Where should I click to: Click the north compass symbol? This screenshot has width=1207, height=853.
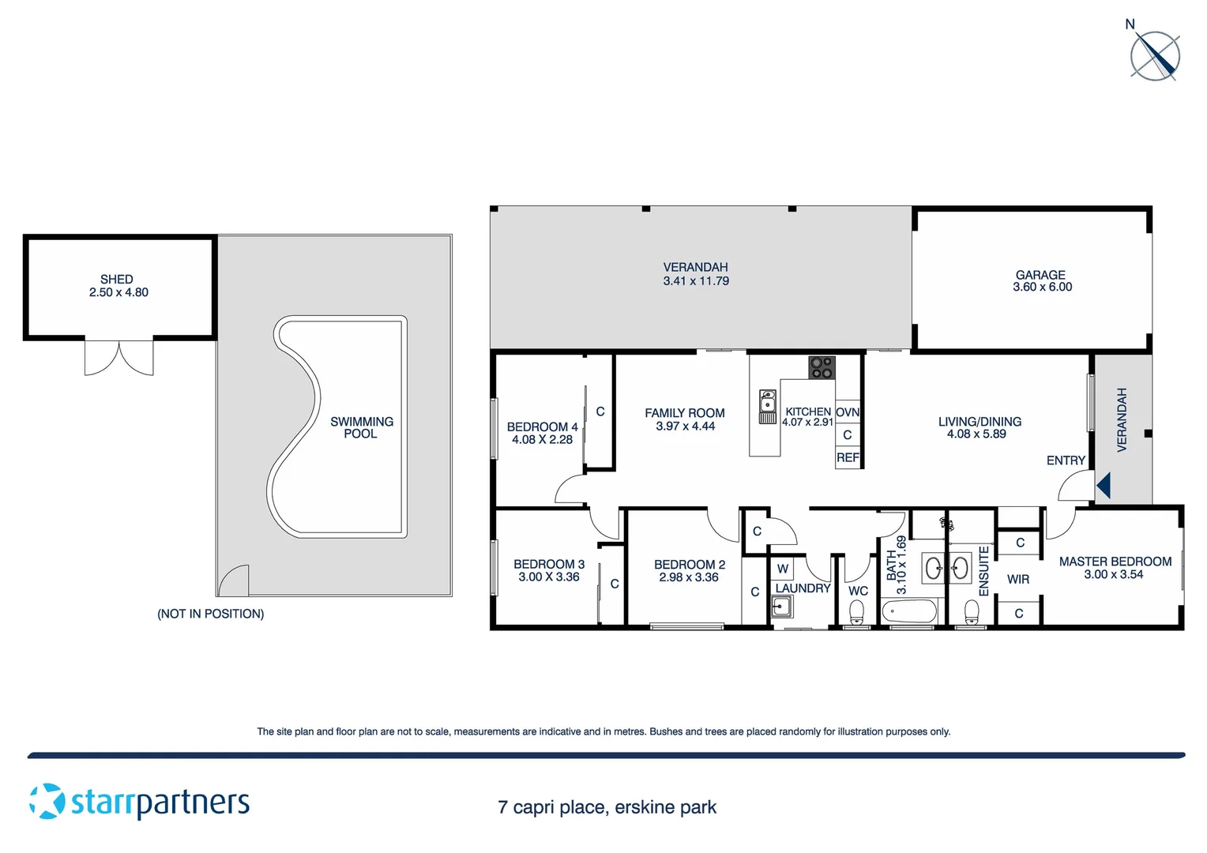click(1154, 56)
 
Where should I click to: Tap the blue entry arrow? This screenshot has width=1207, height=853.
click(1104, 485)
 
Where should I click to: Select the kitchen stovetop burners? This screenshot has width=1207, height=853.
click(822, 367)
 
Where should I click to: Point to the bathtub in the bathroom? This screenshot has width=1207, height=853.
click(908, 611)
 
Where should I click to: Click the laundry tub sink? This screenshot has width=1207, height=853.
click(781, 607)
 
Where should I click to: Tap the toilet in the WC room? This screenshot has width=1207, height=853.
click(856, 612)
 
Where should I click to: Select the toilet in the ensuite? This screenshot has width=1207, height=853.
click(972, 612)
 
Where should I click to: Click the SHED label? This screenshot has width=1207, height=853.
click(117, 279)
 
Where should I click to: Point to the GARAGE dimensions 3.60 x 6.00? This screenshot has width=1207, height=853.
click(1042, 287)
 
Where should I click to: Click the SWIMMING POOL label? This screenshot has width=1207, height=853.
click(361, 427)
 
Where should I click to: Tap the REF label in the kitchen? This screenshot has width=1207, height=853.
click(848, 458)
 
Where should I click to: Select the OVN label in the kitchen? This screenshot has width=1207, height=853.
click(848, 412)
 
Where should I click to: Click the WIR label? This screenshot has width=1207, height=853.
click(1017, 580)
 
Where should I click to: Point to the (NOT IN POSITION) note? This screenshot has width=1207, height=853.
click(210, 614)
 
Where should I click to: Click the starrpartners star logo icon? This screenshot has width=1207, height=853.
click(47, 801)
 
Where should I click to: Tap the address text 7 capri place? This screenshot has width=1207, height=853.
click(607, 807)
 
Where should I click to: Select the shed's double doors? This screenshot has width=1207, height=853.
click(119, 358)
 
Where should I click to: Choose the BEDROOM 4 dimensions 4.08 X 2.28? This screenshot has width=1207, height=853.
click(542, 440)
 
